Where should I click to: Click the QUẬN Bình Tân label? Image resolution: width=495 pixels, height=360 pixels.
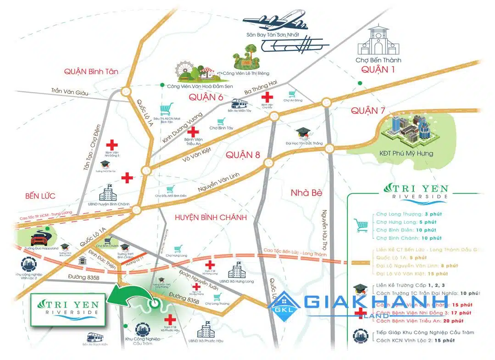[x=91, y=72]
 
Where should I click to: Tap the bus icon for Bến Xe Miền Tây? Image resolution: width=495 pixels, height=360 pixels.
[x=239, y=103]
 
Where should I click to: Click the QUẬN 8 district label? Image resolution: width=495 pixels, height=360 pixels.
[x=243, y=155]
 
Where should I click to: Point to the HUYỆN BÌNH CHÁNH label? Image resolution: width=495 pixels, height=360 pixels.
[x=211, y=217]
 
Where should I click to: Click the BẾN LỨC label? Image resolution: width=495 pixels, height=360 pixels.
[x=40, y=196]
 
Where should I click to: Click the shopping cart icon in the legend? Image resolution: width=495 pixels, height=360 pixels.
[x=361, y=225]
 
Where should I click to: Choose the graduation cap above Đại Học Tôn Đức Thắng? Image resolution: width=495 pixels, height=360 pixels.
[x=303, y=134]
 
